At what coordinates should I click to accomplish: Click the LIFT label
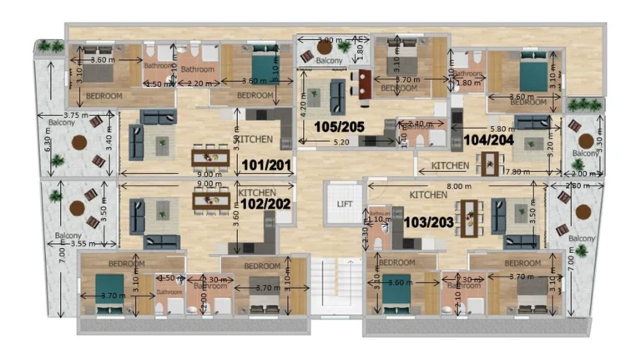[342, 203]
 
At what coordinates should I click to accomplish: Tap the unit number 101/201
[265, 165]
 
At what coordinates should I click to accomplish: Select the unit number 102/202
[265, 202]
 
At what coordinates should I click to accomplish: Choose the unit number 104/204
[488, 140]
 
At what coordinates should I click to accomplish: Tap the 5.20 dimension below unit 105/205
[341, 143]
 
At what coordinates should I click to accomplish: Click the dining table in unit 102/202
[210, 201]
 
